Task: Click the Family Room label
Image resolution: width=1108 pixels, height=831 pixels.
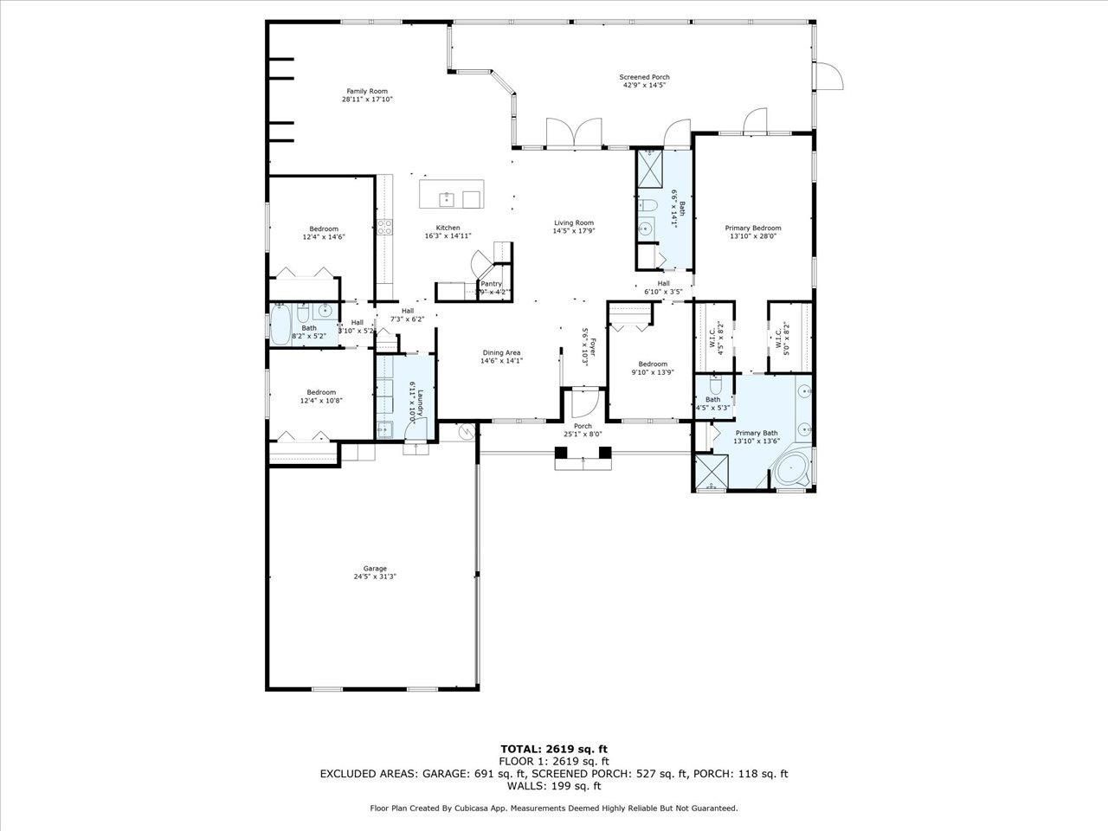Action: [x=367, y=91]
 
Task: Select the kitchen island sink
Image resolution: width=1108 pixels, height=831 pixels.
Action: [x=446, y=199]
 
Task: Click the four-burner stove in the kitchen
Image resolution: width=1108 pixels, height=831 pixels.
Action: [x=384, y=228]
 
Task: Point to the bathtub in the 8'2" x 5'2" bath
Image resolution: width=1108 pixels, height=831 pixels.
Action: [x=281, y=327]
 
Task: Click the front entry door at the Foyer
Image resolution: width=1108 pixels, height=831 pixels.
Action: [x=582, y=406]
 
